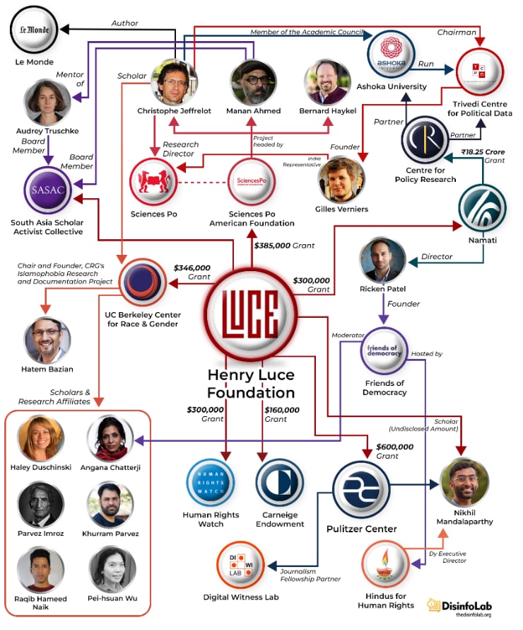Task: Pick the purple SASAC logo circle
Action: [48, 190]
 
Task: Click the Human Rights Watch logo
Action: [212, 482]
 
